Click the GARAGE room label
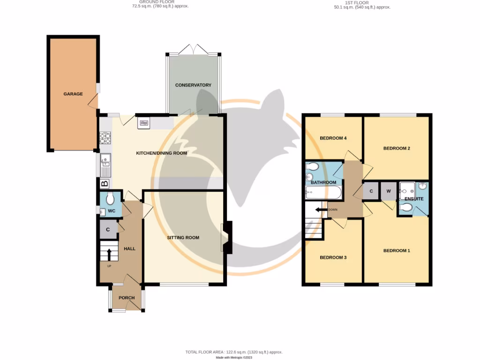[x=73, y=94]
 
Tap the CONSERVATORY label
[x=193, y=85]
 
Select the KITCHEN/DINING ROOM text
[x=161, y=153]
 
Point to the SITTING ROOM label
[x=183, y=238]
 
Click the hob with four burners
[x=105, y=138]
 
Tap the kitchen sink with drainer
[x=105, y=165]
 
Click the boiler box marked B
[x=105, y=184]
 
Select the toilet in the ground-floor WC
[x=110, y=199]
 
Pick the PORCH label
[x=127, y=298]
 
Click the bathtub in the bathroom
[x=323, y=193]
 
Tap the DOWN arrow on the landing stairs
[x=322, y=210]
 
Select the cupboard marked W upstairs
[x=389, y=191]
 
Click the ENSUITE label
[x=414, y=199]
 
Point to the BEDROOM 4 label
[x=333, y=138]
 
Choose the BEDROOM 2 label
[x=397, y=149]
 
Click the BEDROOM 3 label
[x=333, y=257]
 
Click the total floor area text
[x=234, y=352]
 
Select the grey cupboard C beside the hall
[x=108, y=230]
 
